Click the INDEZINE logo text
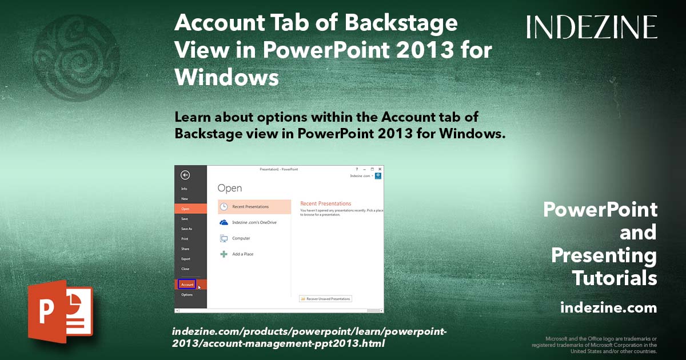pyautogui.click(x=592, y=27)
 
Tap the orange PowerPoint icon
pyautogui.click(x=60, y=311)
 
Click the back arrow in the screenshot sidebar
pyautogui.click(x=185, y=175)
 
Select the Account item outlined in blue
pyautogui.click(x=187, y=284)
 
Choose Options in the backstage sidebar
pyautogui.click(x=187, y=295)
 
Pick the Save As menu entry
pyautogui.click(x=187, y=229)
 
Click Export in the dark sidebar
pyautogui.click(x=186, y=259)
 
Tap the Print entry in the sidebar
pyautogui.click(x=185, y=239)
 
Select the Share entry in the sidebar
pyautogui.click(x=185, y=249)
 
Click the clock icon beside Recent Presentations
pyautogui.click(x=224, y=207)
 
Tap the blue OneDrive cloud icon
pyautogui.click(x=224, y=222)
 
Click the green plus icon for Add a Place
pyautogui.click(x=224, y=254)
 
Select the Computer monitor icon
pyautogui.click(x=224, y=238)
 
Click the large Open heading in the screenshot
pyautogui.click(x=230, y=188)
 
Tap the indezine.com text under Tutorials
pyautogui.click(x=608, y=308)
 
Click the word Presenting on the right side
pyautogui.click(x=604, y=255)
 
